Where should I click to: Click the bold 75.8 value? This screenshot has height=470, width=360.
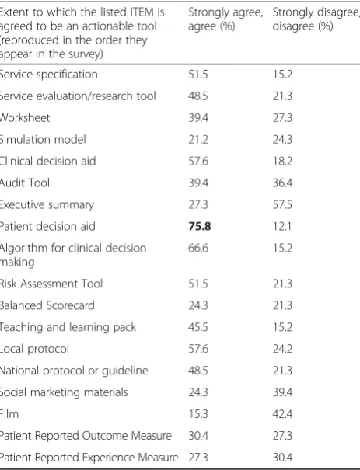click(x=200, y=226)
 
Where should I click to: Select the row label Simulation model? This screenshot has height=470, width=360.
click(x=43, y=139)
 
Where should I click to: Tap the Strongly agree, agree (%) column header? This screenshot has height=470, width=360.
click(x=225, y=19)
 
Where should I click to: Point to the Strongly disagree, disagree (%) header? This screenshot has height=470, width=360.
click(x=316, y=19)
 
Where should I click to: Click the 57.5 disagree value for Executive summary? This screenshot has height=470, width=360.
click(x=282, y=205)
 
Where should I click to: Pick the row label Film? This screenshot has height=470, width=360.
click(x=9, y=414)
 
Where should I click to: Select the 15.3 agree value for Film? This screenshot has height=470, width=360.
click(x=198, y=414)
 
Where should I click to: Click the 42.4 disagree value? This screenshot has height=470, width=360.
click(x=282, y=414)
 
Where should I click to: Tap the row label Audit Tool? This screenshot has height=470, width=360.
click(x=25, y=183)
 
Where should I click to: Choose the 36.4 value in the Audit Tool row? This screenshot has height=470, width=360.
click(x=282, y=183)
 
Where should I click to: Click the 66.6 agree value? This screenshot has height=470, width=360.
click(x=198, y=248)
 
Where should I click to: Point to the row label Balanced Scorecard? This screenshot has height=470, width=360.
click(x=47, y=305)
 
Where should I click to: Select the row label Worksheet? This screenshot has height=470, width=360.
click(x=25, y=118)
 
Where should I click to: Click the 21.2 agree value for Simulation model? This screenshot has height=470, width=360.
click(x=198, y=139)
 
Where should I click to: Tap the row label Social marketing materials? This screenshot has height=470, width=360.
click(x=64, y=392)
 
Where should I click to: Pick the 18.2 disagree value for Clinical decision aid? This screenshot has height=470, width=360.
click(x=282, y=162)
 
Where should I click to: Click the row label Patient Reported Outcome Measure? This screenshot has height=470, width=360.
click(x=86, y=436)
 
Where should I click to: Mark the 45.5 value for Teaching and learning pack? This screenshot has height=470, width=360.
click(x=198, y=327)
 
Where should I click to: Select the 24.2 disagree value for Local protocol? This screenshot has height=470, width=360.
click(x=282, y=349)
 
